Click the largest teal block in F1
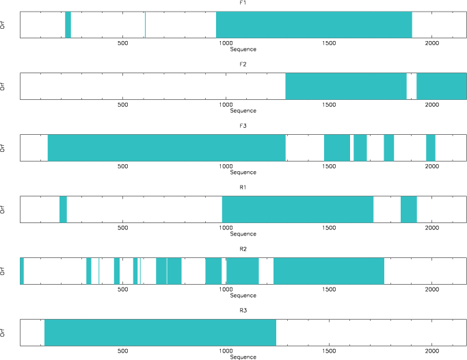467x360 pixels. coord(314,25)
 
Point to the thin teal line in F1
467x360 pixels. coord(145,25)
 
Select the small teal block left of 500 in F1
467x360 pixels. coord(68,25)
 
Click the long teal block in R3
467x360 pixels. coord(160,333)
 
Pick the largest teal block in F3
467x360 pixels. coord(166,148)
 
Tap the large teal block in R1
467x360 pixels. coord(297,209)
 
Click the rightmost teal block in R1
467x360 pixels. coord(408,209)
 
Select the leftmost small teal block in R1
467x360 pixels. coord(63,209)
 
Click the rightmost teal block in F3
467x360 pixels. coord(431,148)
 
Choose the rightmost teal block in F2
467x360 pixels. coord(441,86)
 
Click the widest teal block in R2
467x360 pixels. coord(328,271)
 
